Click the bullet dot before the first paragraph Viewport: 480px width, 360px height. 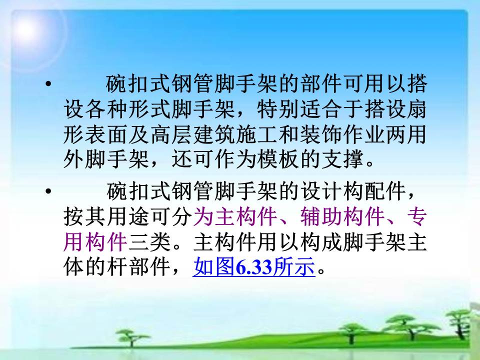[48, 83]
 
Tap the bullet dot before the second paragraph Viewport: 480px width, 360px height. [48, 191]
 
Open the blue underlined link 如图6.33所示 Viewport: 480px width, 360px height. [254, 266]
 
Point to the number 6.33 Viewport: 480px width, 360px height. [254, 266]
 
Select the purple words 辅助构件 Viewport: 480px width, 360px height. [342, 216]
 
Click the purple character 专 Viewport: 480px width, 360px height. [417, 216]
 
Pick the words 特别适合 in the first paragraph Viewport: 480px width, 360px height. [299, 109]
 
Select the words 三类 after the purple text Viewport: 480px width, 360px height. [149, 242]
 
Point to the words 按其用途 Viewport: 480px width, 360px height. [107, 216]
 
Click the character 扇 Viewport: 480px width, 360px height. [417, 109]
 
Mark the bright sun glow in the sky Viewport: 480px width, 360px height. [26, 29]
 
